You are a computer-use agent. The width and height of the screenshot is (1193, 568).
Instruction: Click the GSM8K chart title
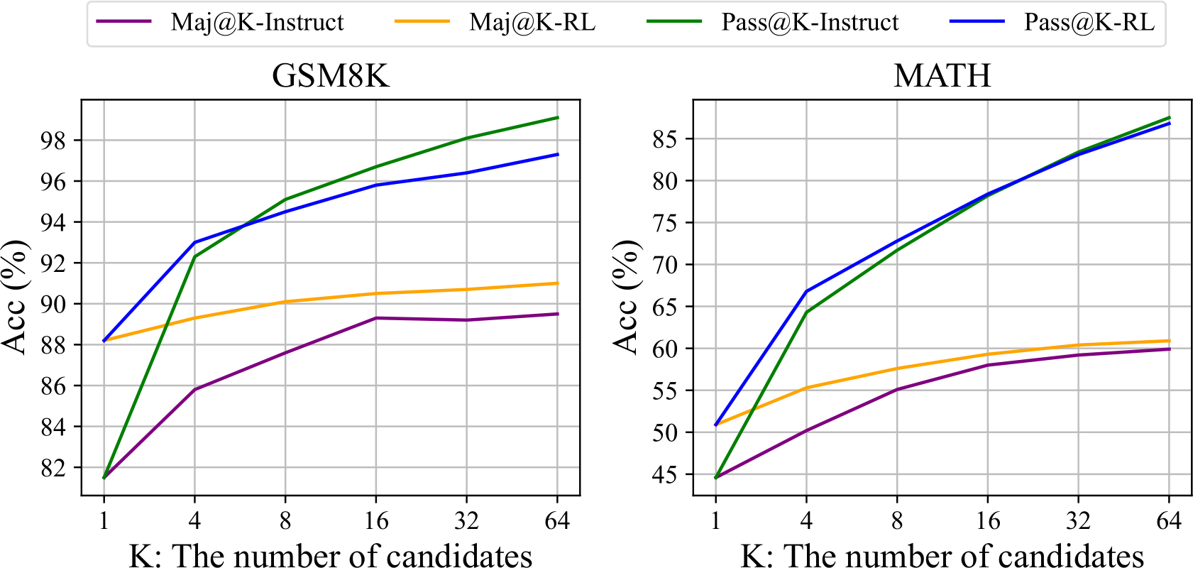click(x=331, y=75)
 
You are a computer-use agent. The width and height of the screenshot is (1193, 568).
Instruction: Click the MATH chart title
click(x=942, y=75)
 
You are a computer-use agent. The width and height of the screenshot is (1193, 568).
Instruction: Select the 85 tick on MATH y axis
click(x=665, y=139)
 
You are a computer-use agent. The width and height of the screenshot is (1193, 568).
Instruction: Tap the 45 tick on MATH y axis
click(x=665, y=474)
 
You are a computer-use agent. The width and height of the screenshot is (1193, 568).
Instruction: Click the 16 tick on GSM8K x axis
click(x=376, y=521)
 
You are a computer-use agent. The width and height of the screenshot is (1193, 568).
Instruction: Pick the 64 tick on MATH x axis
click(x=1169, y=521)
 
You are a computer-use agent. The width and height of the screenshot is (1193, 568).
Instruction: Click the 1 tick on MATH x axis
click(x=715, y=521)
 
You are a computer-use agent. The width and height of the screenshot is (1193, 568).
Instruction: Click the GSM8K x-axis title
click(x=331, y=555)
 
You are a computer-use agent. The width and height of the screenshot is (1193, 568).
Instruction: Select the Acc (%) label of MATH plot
click(x=626, y=297)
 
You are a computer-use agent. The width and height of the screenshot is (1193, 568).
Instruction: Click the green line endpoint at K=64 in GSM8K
click(x=557, y=118)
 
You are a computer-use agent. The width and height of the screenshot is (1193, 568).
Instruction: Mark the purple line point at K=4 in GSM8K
click(x=194, y=390)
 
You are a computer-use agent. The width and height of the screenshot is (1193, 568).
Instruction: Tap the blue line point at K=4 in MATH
click(x=806, y=291)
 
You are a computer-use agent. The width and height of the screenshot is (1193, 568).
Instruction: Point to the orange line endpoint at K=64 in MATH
click(x=1169, y=341)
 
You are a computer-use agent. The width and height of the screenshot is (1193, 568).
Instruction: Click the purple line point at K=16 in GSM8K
click(x=376, y=318)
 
